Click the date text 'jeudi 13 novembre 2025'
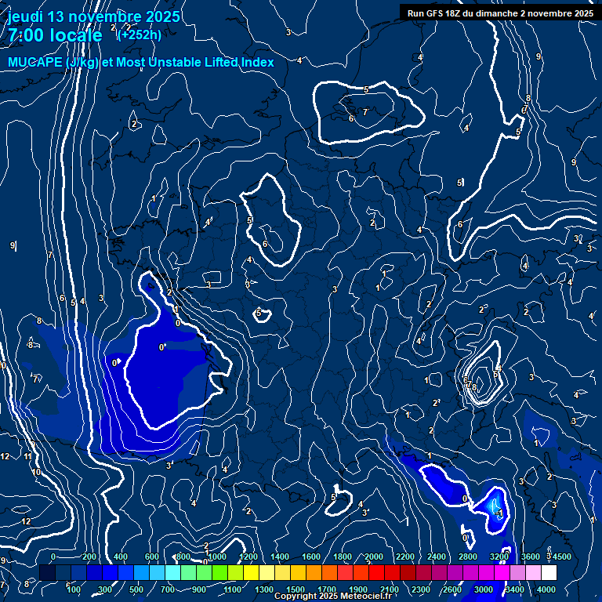(x=93, y=16)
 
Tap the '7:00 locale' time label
(x=55, y=35)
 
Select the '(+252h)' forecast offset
(x=139, y=34)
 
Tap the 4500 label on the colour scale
(x=562, y=557)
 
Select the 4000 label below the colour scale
(x=546, y=589)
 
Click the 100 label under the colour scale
(x=74, y=589)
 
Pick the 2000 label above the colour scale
(x=373, y=557)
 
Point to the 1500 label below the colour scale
(x=296, y=589)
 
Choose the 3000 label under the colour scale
(x=484, y=589)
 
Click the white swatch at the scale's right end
(x=549, y=573)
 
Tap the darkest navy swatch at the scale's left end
(x=47, y=573)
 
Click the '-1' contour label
(x=499, y=513)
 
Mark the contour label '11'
(x=27, y=456)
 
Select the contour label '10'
(x=35, y=473)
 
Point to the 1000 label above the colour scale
(x=217, y=557)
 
